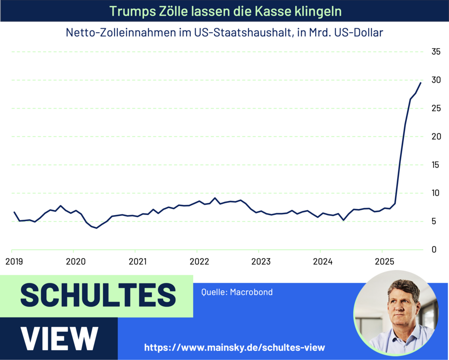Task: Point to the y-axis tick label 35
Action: coord(436,52)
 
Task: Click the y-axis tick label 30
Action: coord(436,80)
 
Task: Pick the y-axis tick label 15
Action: coord(436,165)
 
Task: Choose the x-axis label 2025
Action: coord(384,261)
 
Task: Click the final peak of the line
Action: coord(420,83)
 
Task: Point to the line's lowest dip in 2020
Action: coord(96,228)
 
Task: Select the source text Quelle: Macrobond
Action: coord(237,292)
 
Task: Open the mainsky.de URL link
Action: coord(234,347)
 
